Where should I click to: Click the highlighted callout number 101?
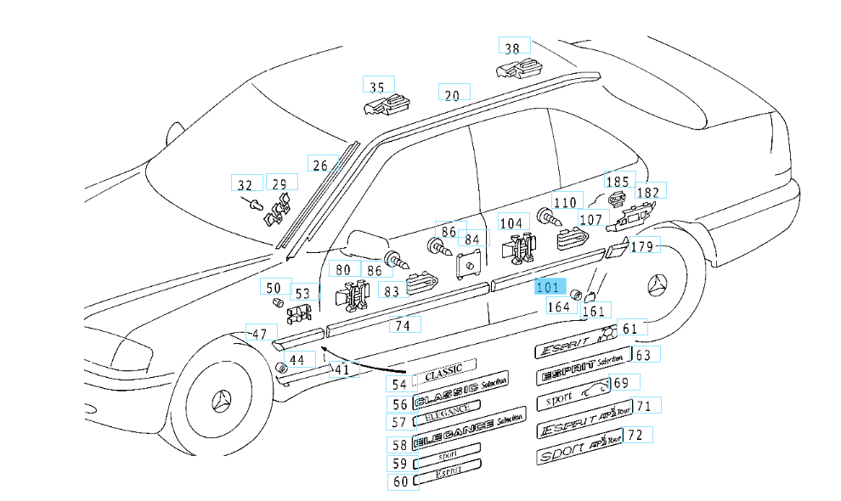tap(549, 286)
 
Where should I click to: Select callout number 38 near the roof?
tap(513, 48)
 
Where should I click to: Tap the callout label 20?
tap(453, 94)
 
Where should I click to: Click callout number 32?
tap(246, 184)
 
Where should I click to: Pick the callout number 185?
tap(618, 181)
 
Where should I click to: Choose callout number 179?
tap(643, 246)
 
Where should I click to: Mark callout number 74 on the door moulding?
tap(406, 324)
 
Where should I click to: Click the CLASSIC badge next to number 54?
tap(444, 369)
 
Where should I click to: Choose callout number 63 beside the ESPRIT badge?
tap(643, 354)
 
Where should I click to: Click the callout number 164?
tap(558, 307)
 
